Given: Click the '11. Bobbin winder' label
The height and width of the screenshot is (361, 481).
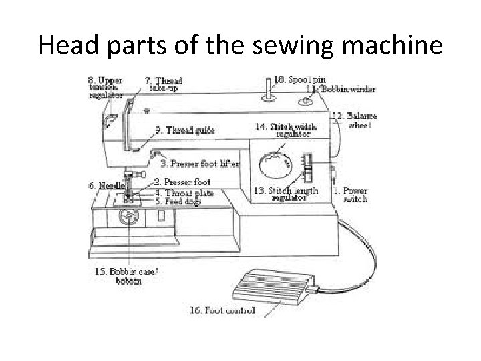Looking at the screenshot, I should pyautogui.click(x=332, y=88).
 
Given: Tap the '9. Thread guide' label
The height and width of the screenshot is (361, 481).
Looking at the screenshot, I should pyautogui.click(x=185, y=130).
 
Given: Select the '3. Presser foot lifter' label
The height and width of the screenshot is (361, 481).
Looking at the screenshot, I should pyautogui.click(x=199, y=162).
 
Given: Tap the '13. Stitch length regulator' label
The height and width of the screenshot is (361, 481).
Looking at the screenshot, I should pyautogui.click(x=287, y=194).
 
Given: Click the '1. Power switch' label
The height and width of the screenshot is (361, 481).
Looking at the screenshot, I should pyautogui.click(x=351, y=194).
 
